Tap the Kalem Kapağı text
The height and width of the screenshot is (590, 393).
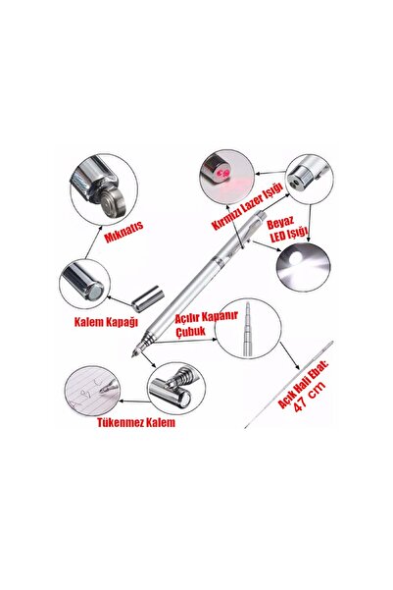(106, 322)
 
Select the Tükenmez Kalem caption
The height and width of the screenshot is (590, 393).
(136, 422)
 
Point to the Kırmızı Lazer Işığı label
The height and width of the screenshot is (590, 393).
(248, 205)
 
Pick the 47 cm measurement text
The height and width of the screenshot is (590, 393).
(310, 397)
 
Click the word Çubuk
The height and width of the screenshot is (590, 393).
(191, 331)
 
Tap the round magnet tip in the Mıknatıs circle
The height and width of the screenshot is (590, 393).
(113, 203)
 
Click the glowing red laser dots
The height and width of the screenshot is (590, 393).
(222, 173)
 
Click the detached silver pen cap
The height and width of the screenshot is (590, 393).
(148, 298)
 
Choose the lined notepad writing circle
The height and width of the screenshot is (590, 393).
(92, 391)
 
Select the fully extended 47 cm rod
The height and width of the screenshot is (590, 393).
(288, 384)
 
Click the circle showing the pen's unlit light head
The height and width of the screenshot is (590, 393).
(309, 179)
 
